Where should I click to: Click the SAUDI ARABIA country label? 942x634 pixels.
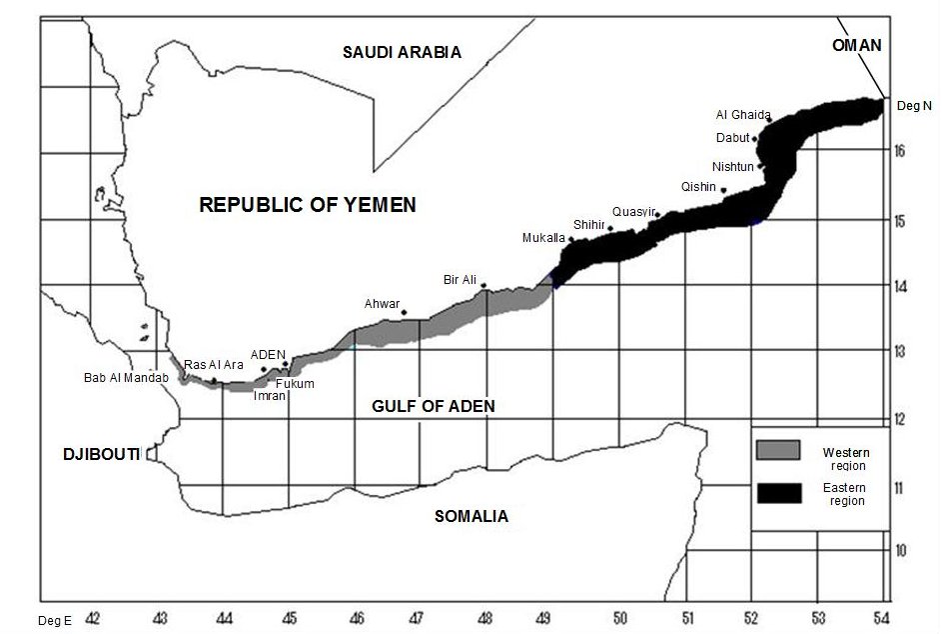tap(402, 52)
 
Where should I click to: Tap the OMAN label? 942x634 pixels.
tap(856, 45)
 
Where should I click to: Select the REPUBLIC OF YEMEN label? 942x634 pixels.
tap(308, 205)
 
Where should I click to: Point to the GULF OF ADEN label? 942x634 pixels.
tap(434, 407)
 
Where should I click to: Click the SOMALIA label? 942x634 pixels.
tap(471, 516)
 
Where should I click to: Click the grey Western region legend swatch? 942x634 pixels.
tap(779, 450)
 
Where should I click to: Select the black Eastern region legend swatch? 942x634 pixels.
tap(779, 493)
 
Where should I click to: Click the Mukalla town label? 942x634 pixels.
tap(543, 238)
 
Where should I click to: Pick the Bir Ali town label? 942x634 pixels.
tap(460, 279)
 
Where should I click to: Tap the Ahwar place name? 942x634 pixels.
tap(382, 304)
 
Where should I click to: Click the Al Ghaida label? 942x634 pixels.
tap(742, 114)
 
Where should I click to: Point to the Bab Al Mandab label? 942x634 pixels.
tap(127, 378)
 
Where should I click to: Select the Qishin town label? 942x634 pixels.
tap(698, 186)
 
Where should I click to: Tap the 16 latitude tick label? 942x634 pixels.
tap(900, 151)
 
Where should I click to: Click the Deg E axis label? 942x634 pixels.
tap(56, 620)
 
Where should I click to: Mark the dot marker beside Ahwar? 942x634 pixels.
tap(405, 312)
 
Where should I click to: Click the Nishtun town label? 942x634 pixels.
tap(734, 166)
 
